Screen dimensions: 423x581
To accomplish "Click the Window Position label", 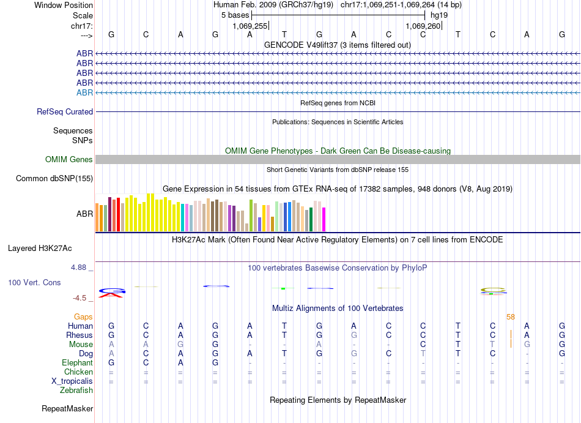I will click(x=64, y=5).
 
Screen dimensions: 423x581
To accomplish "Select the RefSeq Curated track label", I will click(x=65, y=112).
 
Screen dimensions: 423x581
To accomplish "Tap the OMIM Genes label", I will click(x=69, y=160).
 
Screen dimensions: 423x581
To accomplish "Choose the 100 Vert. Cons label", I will click(x=35, y=283).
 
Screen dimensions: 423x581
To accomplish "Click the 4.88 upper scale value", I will click(x=80, y=268).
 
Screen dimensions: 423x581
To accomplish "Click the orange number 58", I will click(x=511, y=316).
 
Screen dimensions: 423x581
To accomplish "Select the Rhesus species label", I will click(x=80, y=335).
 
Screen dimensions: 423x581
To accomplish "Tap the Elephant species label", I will click(x=78, y=363).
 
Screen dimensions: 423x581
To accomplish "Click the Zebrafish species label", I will click(x=77, y=391).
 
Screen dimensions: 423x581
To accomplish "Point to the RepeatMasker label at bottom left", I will click(x=67, y=408).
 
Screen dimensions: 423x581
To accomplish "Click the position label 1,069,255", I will click(x=250, y=26).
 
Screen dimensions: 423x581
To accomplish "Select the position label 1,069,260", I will click(x=423, y=26).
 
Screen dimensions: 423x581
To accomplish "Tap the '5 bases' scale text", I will click(x=235, y=15).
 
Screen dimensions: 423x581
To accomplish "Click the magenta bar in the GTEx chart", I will click(x=324, y=220).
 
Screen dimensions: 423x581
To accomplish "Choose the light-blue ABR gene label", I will click(x=84, y=92).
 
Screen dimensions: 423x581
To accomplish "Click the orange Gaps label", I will click(x=83, y=317).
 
